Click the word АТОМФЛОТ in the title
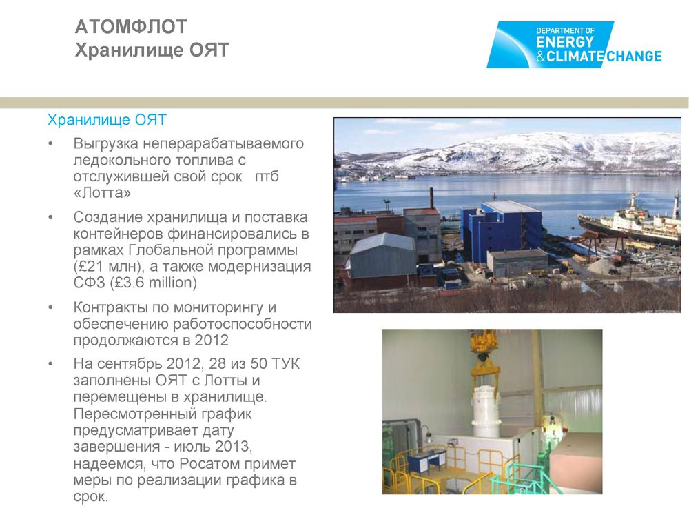[131, 27]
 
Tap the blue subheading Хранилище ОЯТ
[107, 120]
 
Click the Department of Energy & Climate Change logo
[574, 44]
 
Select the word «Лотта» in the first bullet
[102, 193]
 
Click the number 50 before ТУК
[259, 364]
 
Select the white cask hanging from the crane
[486, 412]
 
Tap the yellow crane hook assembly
[484, 358]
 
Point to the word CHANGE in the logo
[634, 57]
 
